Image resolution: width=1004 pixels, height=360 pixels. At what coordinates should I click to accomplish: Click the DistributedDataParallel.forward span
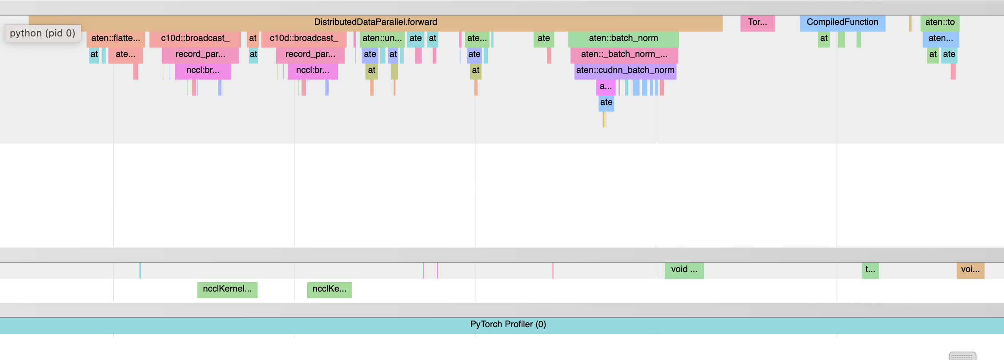coord(375,22)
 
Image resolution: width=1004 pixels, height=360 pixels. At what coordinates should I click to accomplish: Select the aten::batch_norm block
coord(623,38)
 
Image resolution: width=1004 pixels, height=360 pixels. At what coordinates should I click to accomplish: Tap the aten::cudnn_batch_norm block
coord(625,70)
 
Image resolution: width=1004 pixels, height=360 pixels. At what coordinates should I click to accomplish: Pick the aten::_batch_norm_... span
coord(624,54)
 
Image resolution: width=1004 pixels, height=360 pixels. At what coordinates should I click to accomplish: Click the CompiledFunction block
coord(842,22)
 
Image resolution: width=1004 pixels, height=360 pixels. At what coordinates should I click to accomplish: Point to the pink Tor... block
coord(757,22)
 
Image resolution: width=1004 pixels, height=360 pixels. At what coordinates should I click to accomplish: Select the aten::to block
coord(940,22)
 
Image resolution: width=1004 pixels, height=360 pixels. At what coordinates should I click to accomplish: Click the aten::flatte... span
coord(116,38)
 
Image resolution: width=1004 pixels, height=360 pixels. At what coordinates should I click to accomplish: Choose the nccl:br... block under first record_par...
coord(203,70)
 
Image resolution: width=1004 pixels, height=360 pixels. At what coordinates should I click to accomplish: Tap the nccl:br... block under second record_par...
coord(313,70)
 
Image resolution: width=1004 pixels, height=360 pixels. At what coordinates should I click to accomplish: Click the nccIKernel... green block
coord(227,289)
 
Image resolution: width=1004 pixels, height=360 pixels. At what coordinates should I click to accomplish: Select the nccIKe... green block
coord(329,289)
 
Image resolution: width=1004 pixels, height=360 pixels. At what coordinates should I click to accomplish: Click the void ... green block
coord(684,269)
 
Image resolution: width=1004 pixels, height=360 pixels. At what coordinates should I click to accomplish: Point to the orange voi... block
coord(970,269)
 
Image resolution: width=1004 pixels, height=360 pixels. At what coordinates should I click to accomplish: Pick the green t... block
coord(870,269)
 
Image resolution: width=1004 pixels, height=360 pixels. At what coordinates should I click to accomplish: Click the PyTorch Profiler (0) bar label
coord(508,324)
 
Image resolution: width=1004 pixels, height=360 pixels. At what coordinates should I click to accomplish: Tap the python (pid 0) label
coord(43,33)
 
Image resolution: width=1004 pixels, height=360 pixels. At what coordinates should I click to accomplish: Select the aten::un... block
coord(382,38)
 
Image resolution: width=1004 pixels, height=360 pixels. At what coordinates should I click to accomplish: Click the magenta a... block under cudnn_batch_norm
coord(606,86)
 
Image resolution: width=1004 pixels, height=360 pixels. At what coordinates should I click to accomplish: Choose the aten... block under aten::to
coord(940,38)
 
